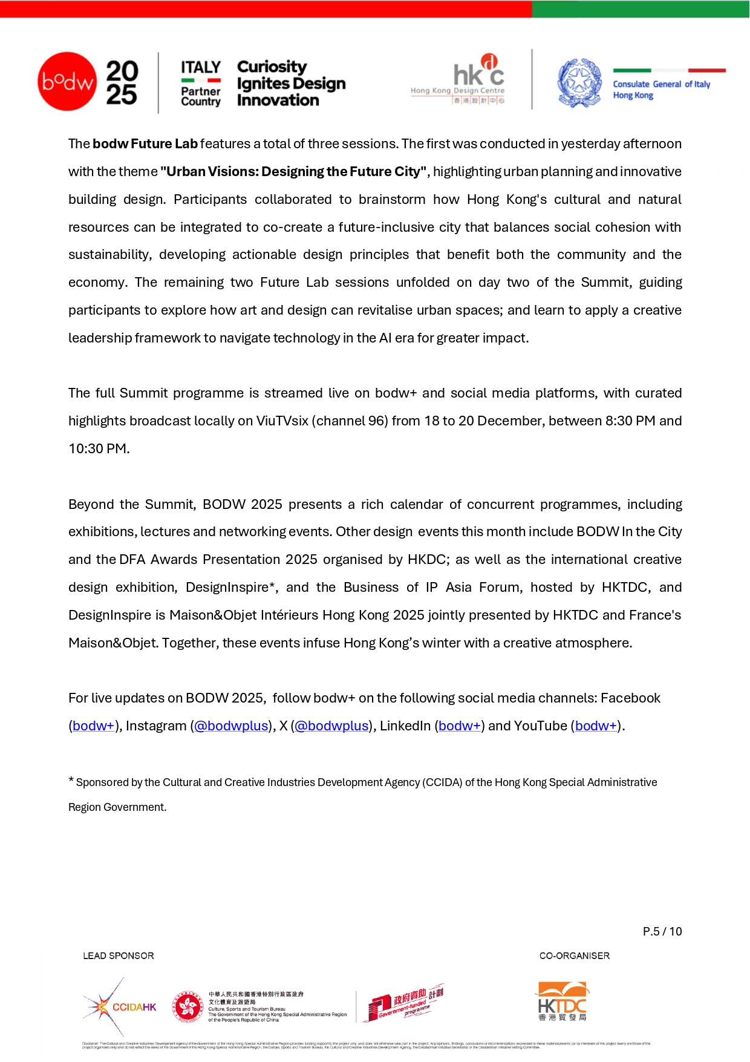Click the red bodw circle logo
click(x=67, y=82)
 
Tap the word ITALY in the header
click(x=201, y=67)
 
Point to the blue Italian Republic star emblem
click(x=579, y=83)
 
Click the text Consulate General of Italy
click(x=661, y=84)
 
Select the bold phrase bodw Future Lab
click(x=145, y=144)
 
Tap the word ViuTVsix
click(x=282, y=421)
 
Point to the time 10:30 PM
click(x=99, y=449)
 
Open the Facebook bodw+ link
click(x=93, y=726)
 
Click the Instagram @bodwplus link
click(x=231, y=726)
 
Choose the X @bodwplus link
click(x=331, y=726)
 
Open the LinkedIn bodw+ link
click(x=460, y=726)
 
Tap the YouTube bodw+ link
click(x=596, y=726)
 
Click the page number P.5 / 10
click(x=662, y=932)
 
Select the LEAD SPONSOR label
click(x=119, y=956)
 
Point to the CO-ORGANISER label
click(x=575, y=956)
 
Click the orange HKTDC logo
click(x=562, y=1001)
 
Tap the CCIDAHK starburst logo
click(x=119, y=1007)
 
